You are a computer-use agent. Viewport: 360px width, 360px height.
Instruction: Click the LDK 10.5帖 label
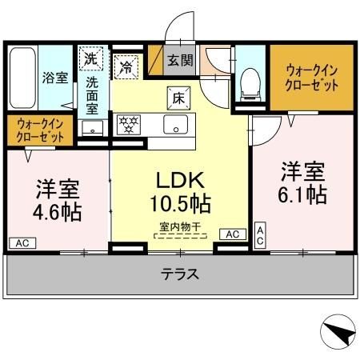(x=181, y=191)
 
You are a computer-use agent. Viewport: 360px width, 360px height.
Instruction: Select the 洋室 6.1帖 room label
(x=302, y=182)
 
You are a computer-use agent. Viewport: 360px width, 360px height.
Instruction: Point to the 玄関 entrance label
(x=178, y=59)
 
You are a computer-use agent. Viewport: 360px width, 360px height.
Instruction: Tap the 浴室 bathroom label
(x=54, y=78)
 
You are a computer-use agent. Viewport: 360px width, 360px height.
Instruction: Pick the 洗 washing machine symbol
(x=91, y=58)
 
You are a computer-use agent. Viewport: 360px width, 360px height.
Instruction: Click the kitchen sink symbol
(x=174, y=124)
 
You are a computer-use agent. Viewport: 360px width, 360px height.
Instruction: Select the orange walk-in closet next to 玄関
(x=310, y=77)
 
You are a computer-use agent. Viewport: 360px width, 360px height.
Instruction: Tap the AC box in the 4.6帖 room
(x=22, y=241)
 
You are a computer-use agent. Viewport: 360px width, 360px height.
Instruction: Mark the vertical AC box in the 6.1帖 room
(x=260, y=234)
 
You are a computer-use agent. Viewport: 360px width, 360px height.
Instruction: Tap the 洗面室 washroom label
(x=93, y=93)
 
